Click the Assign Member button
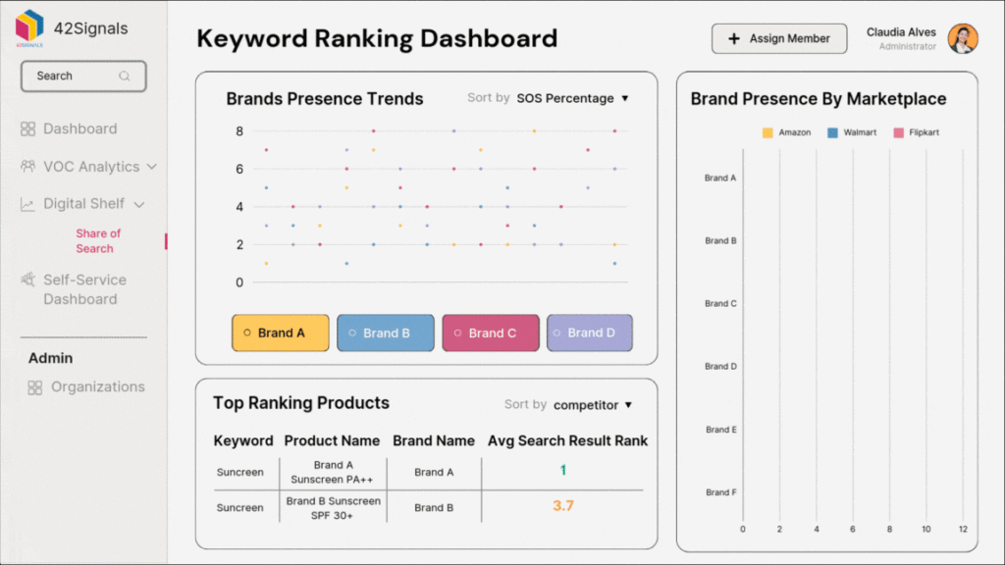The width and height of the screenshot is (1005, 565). pyautogui.click(x=778, y=39)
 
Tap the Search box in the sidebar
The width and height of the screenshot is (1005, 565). pyautogui.click(x=83, y=76)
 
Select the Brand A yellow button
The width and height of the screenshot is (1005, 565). pyautogui.click(x=280, y=333)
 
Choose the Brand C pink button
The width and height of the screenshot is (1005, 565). pyautogui.click(x=491, y=333)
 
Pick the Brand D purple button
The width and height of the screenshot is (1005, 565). pyautogui.click(x=589, y=333)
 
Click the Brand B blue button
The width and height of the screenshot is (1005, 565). pyautogui.click(x=385, y=333)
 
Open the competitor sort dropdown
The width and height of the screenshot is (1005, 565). pyautogui.click(x=592, y=404)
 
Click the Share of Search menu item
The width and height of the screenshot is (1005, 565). pyautogui.click(x=98, y=241)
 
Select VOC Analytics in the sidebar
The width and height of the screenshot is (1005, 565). pyautogui.click(x=90, y=167)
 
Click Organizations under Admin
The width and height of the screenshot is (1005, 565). pyautogui.click(x=97, y=386)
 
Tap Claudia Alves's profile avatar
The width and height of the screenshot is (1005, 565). pyautogui.click(x=962, y=39)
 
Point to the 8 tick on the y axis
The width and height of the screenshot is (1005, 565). pyautogui.click(x=238, y=130)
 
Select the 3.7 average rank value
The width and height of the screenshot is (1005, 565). pyautogui.click(x=562, y=506)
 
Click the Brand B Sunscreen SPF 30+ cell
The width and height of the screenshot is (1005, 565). pyautogui.click(x=333, y=507)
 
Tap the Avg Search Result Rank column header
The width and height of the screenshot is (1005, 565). pyautogui.click(x=567, y=440)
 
